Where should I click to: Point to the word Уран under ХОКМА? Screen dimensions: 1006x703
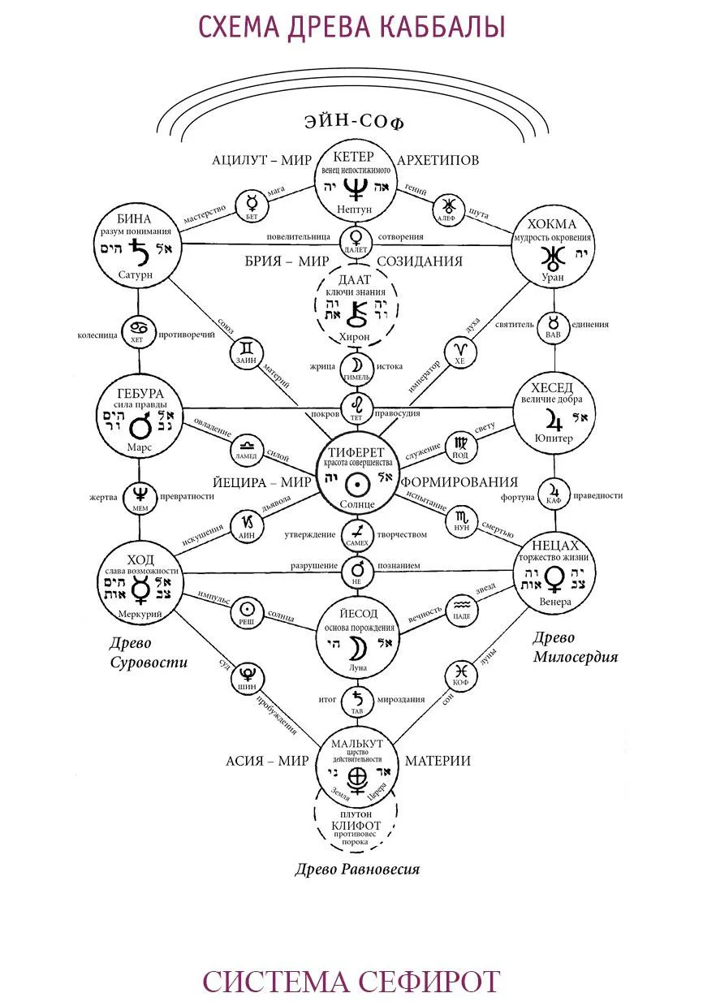point(552,277)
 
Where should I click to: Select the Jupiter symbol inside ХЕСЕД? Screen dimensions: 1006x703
point(555,420)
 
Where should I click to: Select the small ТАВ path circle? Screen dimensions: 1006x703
point(356,699)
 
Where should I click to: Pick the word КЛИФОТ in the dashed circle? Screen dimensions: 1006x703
point(356,826)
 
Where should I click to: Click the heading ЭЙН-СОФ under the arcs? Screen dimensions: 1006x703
point(354,123)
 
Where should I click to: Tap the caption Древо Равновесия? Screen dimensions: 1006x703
point(357,870)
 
